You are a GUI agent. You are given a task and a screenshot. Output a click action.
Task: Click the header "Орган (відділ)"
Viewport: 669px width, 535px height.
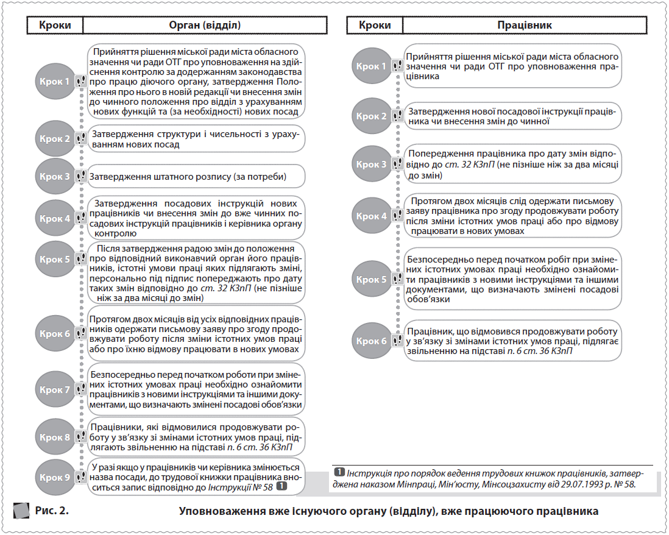point(204,26)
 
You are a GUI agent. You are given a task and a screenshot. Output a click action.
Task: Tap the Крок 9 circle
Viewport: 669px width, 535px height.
point(55,477)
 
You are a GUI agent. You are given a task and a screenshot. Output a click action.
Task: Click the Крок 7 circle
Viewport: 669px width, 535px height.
point(55,390)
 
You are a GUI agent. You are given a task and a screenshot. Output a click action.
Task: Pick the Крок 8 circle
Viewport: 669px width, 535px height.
point(55,437)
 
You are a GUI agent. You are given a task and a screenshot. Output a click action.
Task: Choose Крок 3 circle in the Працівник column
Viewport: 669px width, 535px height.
point(371,165)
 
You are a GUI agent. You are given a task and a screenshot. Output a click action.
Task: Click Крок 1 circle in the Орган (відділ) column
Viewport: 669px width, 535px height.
point(55,80)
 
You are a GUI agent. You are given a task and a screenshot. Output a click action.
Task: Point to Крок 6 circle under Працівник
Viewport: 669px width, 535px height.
point(371,341)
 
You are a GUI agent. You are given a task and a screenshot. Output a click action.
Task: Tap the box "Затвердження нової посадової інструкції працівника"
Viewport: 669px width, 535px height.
point(512,116)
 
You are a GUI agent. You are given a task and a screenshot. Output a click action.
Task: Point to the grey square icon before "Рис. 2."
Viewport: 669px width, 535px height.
point(22,510)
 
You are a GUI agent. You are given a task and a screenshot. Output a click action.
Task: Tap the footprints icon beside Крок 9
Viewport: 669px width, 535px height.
point(80,477)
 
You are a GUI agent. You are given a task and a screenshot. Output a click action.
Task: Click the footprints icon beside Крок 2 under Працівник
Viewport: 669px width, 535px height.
point(397,116)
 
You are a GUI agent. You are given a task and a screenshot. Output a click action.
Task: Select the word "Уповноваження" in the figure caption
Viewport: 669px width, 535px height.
point(222,511)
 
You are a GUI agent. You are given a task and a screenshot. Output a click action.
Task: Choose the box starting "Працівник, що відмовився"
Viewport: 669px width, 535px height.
point(512,341)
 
